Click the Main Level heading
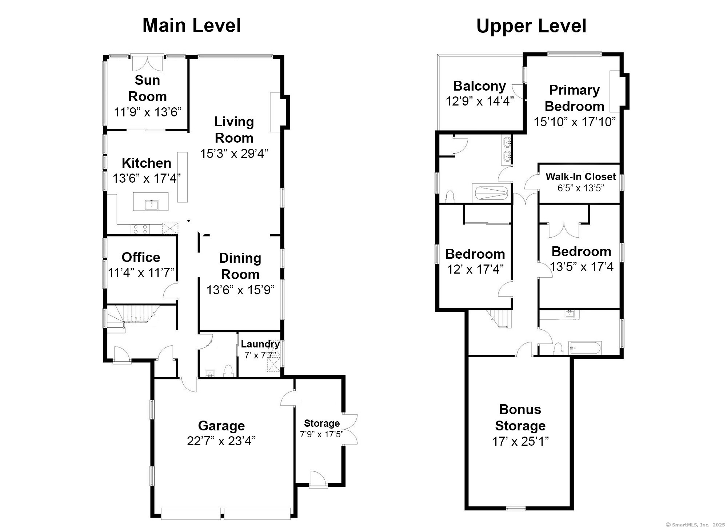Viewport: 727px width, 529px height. tap(192, 26)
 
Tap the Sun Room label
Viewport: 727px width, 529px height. tap(147, 88)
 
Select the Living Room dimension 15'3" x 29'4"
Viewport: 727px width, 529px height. tap(234, 154)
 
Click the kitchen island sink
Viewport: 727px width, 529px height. tap(151, 205)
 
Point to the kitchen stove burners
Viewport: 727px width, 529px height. tap(140, 229)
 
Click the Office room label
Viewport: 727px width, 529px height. tap(141, 257)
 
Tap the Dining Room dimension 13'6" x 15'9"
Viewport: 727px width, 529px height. tap(240, 290)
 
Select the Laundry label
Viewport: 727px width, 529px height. tap(260, 344)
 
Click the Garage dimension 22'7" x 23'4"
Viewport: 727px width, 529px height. tap(221, 441)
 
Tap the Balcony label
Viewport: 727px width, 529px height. tap(479, 86)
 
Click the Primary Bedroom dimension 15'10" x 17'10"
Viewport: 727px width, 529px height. tap(575, 122)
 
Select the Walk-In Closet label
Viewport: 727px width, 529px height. tap(581, 177)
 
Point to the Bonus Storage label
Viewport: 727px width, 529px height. tap(520, 417)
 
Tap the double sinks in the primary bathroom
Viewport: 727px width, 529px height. tap(507, 149)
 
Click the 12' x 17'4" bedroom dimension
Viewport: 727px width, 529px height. tap(475, 269)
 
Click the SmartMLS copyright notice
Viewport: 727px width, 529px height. tap(695, 525)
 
